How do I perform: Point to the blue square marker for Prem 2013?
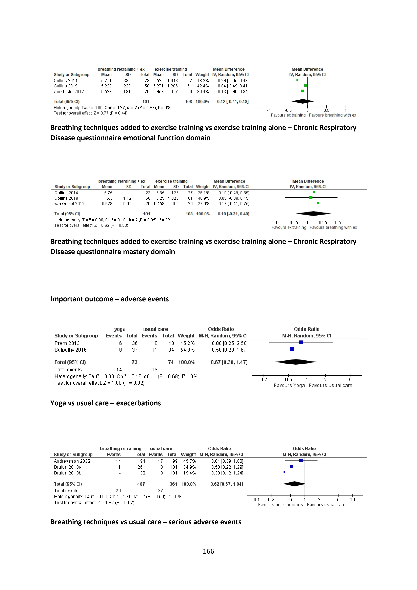pos(301,342)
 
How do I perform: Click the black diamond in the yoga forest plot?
pos(296,362)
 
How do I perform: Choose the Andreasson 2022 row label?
pos(72,461)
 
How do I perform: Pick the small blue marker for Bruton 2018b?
pos(284,472)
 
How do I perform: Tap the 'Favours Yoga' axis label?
pos(289,385)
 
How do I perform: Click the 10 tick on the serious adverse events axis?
pos(352,499)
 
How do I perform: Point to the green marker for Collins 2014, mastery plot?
pos(314,192)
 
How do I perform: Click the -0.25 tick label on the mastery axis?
pos(293,223)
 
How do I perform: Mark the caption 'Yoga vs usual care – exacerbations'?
pos(106,403)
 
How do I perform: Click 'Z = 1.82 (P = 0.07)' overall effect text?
pos(116,502)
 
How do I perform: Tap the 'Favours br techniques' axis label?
pos(280,505)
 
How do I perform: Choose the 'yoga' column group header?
pos(120,329)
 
